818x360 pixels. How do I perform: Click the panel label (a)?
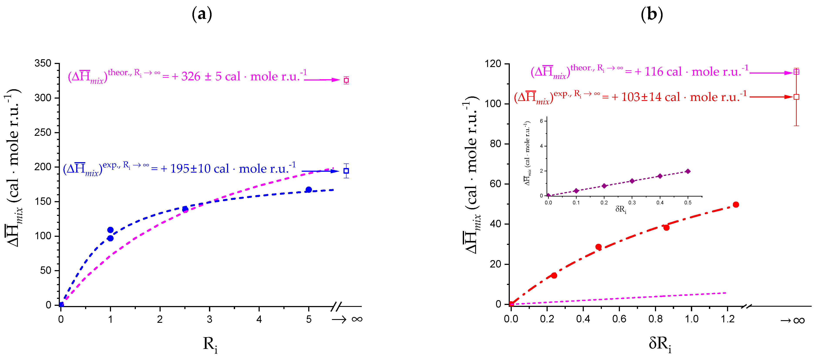coord(202,14)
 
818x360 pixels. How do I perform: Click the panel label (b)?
coord(652,14)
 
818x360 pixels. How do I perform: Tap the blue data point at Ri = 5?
coord(309,190)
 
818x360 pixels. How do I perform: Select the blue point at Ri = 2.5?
coord(185,209)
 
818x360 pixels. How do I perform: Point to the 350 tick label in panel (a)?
coord(43,63)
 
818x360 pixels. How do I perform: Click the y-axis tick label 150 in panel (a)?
coord(43,201)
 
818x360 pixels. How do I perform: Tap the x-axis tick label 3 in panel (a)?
coord(210,319)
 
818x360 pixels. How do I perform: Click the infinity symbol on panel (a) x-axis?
coord(357,319)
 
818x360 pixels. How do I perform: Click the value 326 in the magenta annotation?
coord(191,77)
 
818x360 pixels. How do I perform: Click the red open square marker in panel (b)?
coord(796,97)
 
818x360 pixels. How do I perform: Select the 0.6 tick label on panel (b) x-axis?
coord(619,319)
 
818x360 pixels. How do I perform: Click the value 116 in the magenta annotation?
coord(663,72)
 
